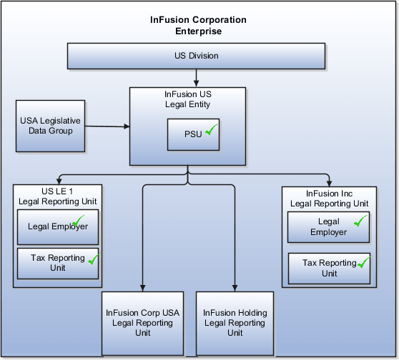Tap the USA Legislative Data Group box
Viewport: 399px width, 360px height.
(46, 126)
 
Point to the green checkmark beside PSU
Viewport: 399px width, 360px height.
(210, 131)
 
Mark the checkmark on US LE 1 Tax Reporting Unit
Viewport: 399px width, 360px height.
(92, 259)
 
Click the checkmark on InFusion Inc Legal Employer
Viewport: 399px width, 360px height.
(360, 221)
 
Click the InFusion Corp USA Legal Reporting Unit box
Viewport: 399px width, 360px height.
(142, 322)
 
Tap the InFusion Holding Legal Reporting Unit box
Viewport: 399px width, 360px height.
(235, 322)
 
